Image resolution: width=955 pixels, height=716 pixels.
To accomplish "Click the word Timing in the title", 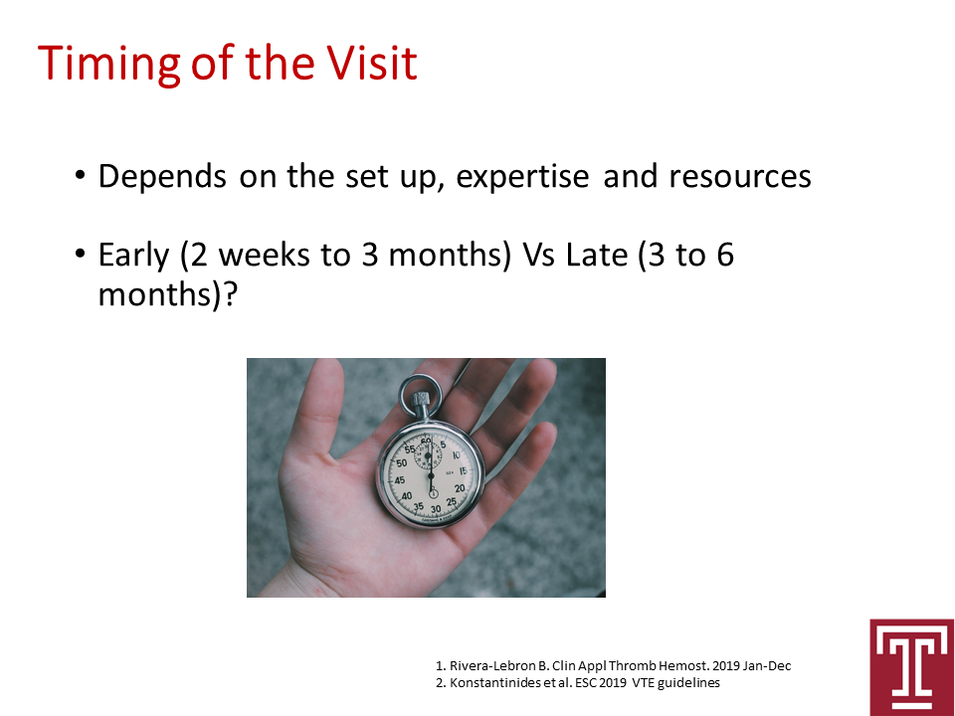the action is (109, 64).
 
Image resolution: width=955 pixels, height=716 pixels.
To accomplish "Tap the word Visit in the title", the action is (371, 62).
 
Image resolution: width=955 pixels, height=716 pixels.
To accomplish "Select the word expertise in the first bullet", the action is (522, 177).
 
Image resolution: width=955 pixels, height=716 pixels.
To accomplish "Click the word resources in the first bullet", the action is (740, 177).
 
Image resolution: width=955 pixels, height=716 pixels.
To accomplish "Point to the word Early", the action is (133, 256).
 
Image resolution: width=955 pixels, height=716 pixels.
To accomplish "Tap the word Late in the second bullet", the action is (596, 255).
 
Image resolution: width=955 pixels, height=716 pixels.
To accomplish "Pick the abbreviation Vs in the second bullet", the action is (538, 255).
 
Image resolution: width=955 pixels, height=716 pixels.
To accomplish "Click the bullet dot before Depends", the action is (81, 176).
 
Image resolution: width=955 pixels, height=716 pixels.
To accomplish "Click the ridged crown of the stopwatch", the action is (420, 402).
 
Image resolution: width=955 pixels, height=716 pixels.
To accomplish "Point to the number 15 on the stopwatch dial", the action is (463, 470).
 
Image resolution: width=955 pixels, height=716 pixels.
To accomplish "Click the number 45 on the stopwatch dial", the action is (400, 479).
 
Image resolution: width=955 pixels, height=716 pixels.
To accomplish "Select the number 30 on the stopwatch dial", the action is (436, 509).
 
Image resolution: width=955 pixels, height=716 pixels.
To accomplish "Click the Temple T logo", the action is (912, 667).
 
